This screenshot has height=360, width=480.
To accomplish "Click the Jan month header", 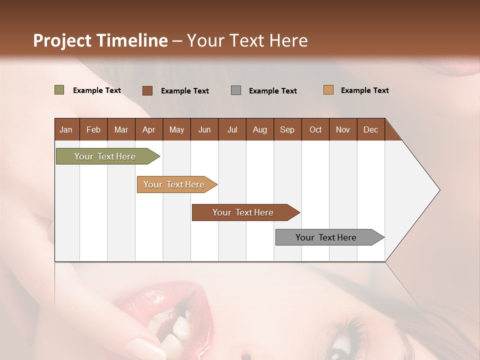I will pos(66,129).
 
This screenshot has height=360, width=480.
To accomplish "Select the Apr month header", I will pos(148,129).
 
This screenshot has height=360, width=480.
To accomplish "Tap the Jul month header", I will pos(232,129).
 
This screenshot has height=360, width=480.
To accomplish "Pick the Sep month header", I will pos(287,129).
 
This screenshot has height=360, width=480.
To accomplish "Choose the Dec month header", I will pos(370,129).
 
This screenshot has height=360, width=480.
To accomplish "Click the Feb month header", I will pos(93,129).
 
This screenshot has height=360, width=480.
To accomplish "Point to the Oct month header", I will pos(315,129).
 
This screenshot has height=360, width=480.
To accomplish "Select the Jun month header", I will pos(204,129).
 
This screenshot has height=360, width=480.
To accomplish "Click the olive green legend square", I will pos(59,90).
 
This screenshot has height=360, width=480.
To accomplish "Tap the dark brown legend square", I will pos(147,90).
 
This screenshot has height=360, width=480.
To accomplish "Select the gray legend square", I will pos(236,90).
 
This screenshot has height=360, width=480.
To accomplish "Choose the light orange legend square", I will pos(328,90).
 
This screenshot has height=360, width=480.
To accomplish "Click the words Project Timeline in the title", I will pos(100,40).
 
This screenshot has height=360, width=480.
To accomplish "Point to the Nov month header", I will pos(343,129).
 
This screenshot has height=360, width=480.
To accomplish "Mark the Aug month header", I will pos(259,129).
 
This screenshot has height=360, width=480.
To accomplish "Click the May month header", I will pos(176,129).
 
